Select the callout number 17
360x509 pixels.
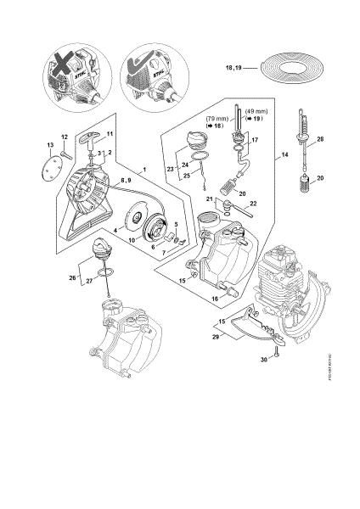point(256,140)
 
